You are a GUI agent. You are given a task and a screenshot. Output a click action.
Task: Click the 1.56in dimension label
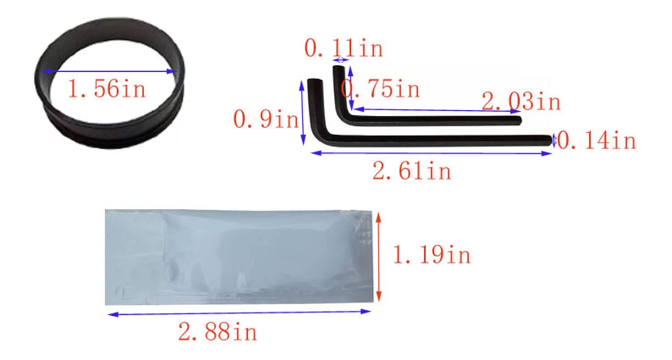(x=107, y=89)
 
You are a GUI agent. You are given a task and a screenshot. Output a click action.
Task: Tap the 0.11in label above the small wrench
(x=344, y=48)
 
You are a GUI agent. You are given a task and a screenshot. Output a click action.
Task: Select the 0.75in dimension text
(x=380, y=89)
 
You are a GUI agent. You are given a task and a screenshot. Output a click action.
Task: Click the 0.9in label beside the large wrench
(x=266, y=119)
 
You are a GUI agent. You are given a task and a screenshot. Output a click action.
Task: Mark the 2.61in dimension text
(x=412, y=170)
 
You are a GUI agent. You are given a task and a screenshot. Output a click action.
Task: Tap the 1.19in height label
(x=432, y=255)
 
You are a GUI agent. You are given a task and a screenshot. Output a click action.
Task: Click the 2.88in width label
(x=218, y=331)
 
